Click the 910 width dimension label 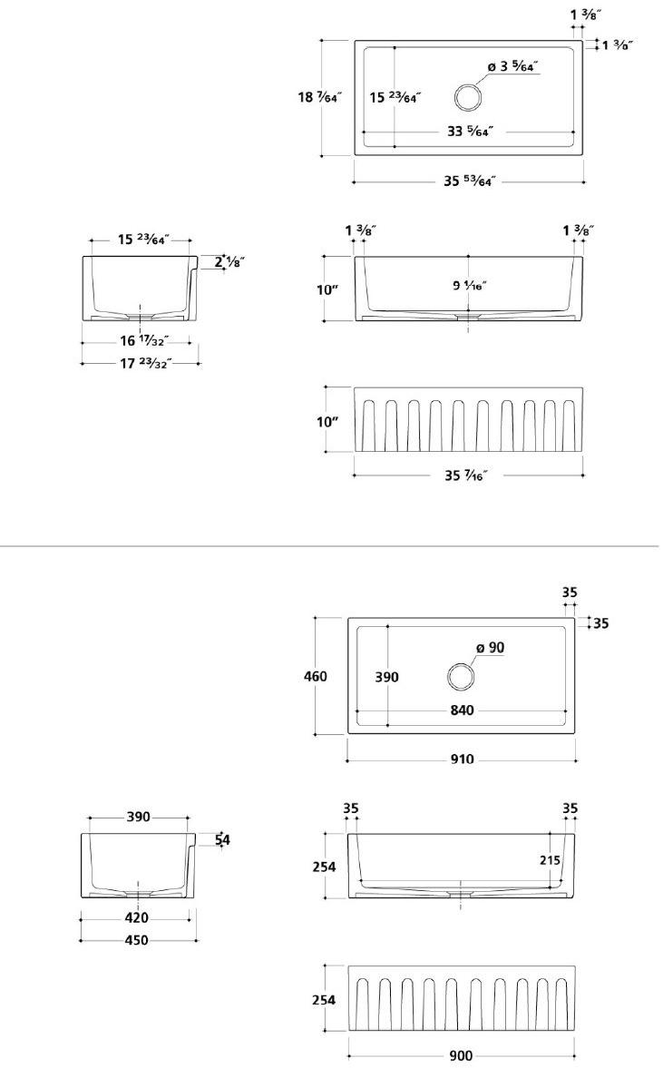coord(461,759)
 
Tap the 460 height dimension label coord(317,676)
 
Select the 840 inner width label coord(462,710)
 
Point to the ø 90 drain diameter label coord(490,648)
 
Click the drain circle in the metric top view coord(461,677)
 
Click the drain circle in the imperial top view coord(468,96)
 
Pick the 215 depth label coord(549,860)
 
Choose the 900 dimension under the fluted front coord(461,1055)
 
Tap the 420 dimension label coord(137,917)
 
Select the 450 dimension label coord(137,940)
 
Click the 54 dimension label coord(222,840)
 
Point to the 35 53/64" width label coord(472,181)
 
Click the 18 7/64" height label coord(319,97)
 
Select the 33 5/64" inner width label coord(469,132)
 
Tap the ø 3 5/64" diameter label coord(512,66)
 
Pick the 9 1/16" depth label coord(470,286)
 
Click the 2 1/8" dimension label coord(230,263)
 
